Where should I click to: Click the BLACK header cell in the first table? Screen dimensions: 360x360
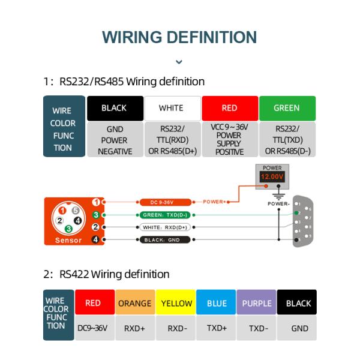pos(115,109)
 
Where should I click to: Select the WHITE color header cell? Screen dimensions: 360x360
pos(171,109)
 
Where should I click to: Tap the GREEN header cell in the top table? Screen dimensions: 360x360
pos(286,109)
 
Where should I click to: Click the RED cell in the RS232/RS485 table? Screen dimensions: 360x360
pos(229,109)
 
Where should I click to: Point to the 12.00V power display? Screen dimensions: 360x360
pos(272,178)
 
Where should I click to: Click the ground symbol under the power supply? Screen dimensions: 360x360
pos(277,195)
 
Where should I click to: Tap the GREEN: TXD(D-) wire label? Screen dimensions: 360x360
pos(165,215)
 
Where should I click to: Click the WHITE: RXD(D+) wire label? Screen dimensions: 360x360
pos(165,227)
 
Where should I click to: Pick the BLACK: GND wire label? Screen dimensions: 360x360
pos(165,240)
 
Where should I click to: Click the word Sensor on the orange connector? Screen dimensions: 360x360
pos(68,240)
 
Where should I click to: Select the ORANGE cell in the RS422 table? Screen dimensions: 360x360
pos(135,303)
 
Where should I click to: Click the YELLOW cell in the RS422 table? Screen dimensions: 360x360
pos(176,303)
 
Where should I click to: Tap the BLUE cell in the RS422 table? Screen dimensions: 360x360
pos(217,303)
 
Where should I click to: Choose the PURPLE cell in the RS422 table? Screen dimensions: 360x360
pos(257,303)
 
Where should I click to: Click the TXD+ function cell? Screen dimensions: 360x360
pos(217,328)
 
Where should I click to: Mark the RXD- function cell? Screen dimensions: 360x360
pos(176,328)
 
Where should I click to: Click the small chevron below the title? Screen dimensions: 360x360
pos(179,62)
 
